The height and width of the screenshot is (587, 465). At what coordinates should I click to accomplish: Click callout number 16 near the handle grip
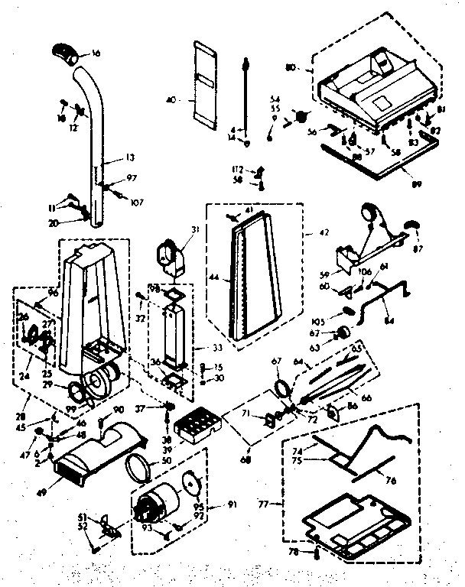[96, 54]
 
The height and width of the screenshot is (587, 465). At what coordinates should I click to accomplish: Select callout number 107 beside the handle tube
[138, 203]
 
